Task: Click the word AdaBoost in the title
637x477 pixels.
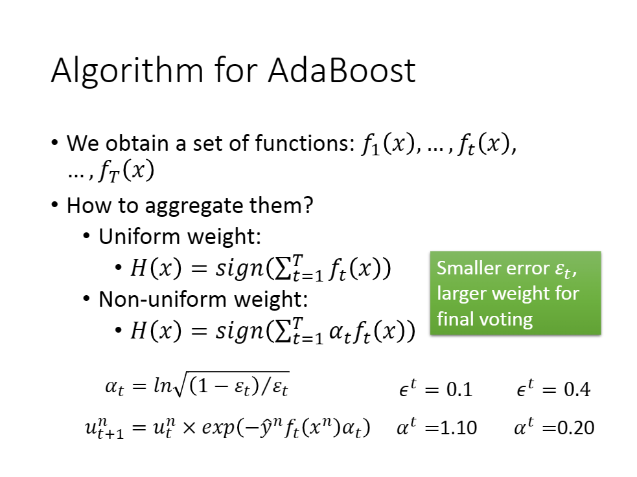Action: coord(342,71)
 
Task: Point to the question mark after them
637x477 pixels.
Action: coord(308,205)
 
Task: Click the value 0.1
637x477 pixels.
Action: coord(459,390)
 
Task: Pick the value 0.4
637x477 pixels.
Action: coord(577,390)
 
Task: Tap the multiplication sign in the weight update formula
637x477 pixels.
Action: coord(189,428)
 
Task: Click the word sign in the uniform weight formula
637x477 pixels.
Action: coord(240,269)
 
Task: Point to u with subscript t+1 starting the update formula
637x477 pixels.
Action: coord(104,429)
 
